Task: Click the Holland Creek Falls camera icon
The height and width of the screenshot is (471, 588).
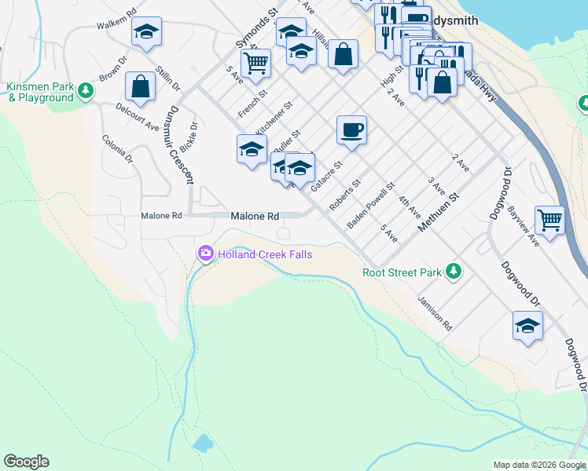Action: coord(206,254)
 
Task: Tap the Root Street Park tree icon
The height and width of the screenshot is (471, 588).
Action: coord(453,272)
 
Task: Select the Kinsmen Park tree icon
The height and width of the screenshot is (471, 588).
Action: coord(86,92)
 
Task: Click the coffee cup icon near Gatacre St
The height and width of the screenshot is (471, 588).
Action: coord(351,130)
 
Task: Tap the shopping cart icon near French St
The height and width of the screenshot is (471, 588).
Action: coord(256,63)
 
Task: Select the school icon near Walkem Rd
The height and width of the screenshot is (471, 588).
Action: coord(145,32)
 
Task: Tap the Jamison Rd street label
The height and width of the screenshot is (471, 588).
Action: coord(435,312)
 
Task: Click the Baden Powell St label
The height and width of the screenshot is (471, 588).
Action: coord(370,206)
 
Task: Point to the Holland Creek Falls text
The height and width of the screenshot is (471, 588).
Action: coord(265,254)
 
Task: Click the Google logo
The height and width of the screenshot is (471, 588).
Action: coord(26,462)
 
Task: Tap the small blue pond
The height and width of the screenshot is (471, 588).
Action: coord(202,443)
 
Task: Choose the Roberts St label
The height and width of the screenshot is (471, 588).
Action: coord(344,195)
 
